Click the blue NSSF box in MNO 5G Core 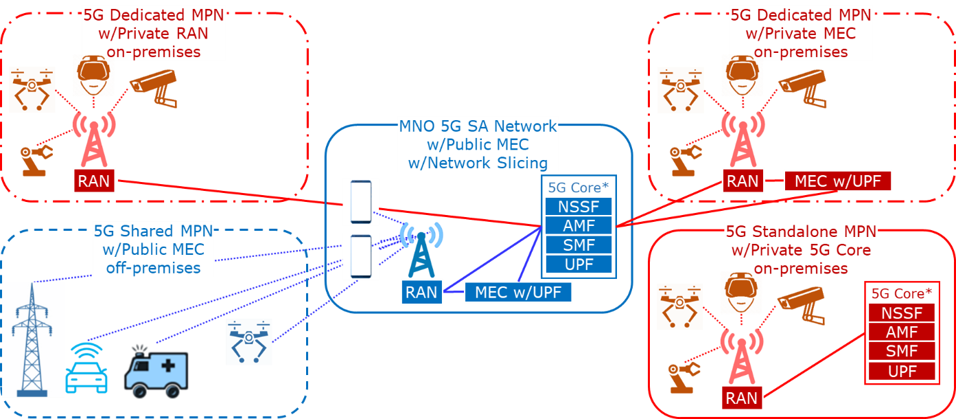coord(579,207)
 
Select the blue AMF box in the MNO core coord(579,226)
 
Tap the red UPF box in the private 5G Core coord(902,372)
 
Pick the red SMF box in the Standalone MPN coord(902,352)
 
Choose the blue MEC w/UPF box coord(518,292)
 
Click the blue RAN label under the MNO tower coord(421,292)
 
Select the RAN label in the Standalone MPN coord(742,398)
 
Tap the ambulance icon coord(156,372)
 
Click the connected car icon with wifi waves coord(86,368)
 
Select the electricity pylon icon coord(32,339)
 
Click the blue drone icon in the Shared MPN coord(249,341)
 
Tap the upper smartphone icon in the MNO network coord(361,202)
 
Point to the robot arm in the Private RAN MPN coord(35,160)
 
